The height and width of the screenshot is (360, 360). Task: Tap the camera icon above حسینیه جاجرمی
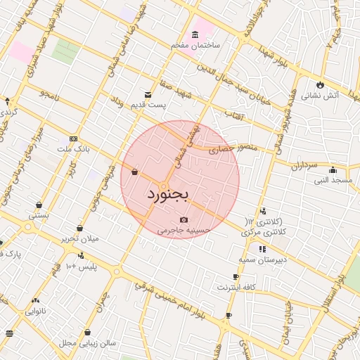pyautogui.click(x=184, y=220)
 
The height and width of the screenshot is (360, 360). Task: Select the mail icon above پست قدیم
pyautogui.click(x=148, y=94)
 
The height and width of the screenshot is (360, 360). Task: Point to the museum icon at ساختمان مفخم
pyautogui.click(x=195, y=35)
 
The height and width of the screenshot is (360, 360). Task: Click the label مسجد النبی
pyautogui.click(x=333, y=181)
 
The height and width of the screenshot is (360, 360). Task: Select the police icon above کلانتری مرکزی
pyautogui.click(x=263, y=210)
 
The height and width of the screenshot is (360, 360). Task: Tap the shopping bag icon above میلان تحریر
pyautogui.click(x=80, y=229)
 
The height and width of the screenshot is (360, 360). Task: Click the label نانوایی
pyautogui.click(x=36, y=310)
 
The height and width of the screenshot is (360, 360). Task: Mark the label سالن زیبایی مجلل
pyautogui.click(x=86, y=343)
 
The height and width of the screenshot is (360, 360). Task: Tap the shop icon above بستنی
pyautogui.click(x=38, y=205)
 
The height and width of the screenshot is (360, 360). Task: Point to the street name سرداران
pyautogui.click(x=304, y=166)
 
